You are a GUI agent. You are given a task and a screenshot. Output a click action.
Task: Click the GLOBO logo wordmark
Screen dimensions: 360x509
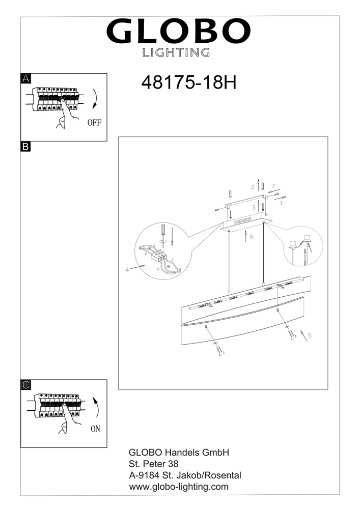178,31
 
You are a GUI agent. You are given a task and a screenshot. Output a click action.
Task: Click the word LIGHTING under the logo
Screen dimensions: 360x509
176,52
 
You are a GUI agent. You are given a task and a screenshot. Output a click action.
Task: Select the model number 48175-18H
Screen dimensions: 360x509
188,83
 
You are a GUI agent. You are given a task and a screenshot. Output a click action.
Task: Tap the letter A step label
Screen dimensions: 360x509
25,78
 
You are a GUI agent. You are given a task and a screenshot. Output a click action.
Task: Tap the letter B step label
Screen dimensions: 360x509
25,147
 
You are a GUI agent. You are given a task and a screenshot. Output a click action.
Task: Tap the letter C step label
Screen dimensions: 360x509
25,385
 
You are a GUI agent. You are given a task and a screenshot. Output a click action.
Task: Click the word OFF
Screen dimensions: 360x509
95,123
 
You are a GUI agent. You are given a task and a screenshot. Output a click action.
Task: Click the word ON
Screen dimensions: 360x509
95,429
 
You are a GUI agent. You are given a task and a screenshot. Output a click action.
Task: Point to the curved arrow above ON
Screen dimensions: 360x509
97,406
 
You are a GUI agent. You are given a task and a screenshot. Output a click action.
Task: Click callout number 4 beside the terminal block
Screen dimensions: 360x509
127,269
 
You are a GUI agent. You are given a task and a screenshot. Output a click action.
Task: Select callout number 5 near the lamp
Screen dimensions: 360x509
310,335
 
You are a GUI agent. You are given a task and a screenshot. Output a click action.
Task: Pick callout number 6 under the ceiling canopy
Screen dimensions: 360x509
252,236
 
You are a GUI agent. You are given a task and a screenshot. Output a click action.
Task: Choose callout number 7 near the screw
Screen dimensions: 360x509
273,186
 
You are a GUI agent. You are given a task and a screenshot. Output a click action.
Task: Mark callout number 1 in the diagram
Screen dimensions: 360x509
281,204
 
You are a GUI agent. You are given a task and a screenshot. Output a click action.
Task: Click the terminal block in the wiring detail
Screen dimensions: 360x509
159,256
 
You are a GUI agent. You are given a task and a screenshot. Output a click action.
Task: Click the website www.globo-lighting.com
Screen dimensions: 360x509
179,487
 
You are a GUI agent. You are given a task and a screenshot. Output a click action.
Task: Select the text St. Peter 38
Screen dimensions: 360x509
154,464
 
